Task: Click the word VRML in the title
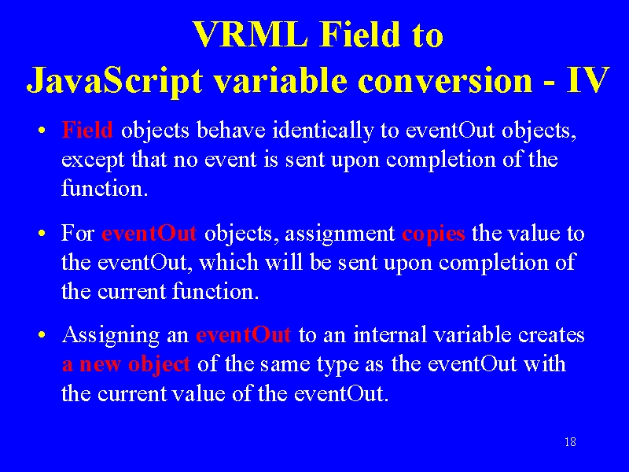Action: click(x=251, y=35)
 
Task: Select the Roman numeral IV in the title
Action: click(x=588, y=80)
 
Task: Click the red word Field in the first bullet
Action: click(x=87, y=130)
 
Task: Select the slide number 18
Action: click(x=570, y=442)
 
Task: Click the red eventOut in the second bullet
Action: click(x=149, y=233)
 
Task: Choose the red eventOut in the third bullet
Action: click(x=244, y=334)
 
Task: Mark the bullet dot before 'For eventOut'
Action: click(x=42, y=234)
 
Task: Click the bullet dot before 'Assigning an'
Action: click(x=42, y=335)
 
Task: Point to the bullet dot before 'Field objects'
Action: click(x=42, y=131)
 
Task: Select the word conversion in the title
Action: click(x=445, y=80)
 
